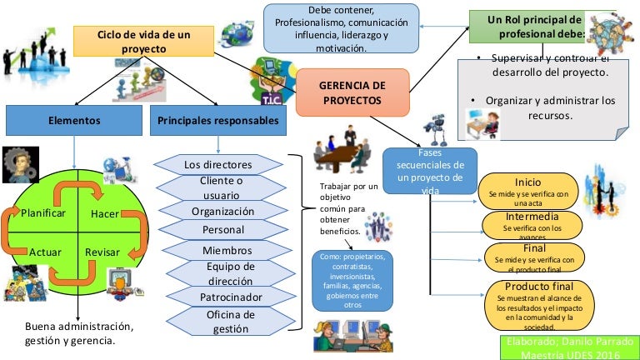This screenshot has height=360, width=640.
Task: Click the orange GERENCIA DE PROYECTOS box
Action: [x=352, y=92]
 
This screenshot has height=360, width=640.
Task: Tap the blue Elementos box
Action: [x=74, y=121]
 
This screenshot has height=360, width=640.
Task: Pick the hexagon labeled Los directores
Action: [x=218, y=165]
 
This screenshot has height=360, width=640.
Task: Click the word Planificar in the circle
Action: [x=43, y=213]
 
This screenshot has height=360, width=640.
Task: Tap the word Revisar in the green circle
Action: [x=102, y=252]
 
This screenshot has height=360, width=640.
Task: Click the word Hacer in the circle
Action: [x=104, y=214]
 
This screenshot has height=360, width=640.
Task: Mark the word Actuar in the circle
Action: [x=45, y=252]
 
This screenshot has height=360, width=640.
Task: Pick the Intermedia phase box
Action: [x=532, y=223]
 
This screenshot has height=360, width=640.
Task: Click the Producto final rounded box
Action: [x=537, y=302]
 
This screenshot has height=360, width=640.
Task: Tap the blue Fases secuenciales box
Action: [x=430, y=171]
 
